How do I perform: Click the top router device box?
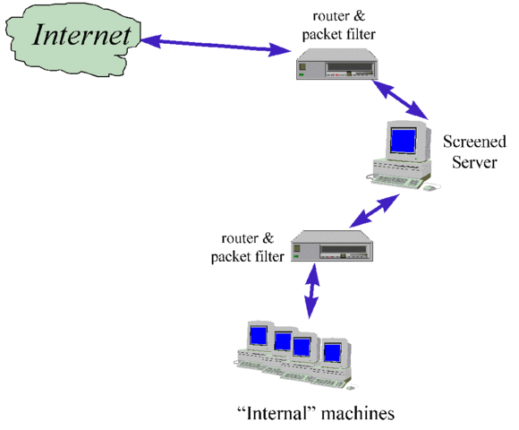tap(339, 66)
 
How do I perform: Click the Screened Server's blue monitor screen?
tap(403, 142)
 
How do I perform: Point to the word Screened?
tap(474, 142)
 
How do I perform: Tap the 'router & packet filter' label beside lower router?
tap(248, 248)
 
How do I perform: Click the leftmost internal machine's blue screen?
tap(259, 337)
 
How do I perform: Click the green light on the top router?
tap(303, 76)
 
